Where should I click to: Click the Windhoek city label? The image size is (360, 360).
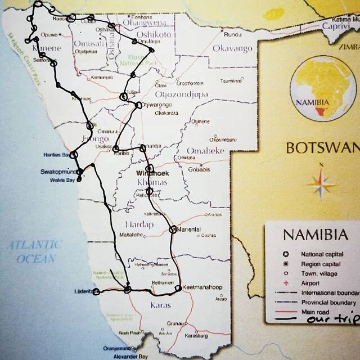148,174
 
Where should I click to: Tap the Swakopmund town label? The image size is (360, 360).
57,172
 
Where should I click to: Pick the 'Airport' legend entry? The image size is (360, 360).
310,283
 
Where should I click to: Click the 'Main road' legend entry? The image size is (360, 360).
315,311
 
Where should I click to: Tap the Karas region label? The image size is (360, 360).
159,305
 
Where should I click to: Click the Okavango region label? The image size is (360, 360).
232,48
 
